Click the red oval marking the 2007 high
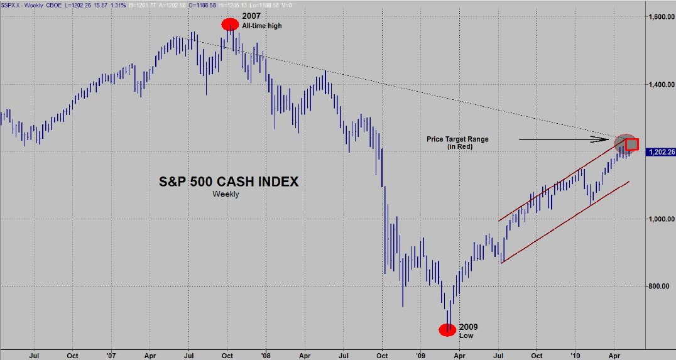230,25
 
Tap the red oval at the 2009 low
447,330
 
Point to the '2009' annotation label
469,327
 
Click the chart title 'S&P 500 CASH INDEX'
227,182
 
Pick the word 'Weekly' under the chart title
226,194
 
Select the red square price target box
632,144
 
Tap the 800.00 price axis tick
660,286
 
